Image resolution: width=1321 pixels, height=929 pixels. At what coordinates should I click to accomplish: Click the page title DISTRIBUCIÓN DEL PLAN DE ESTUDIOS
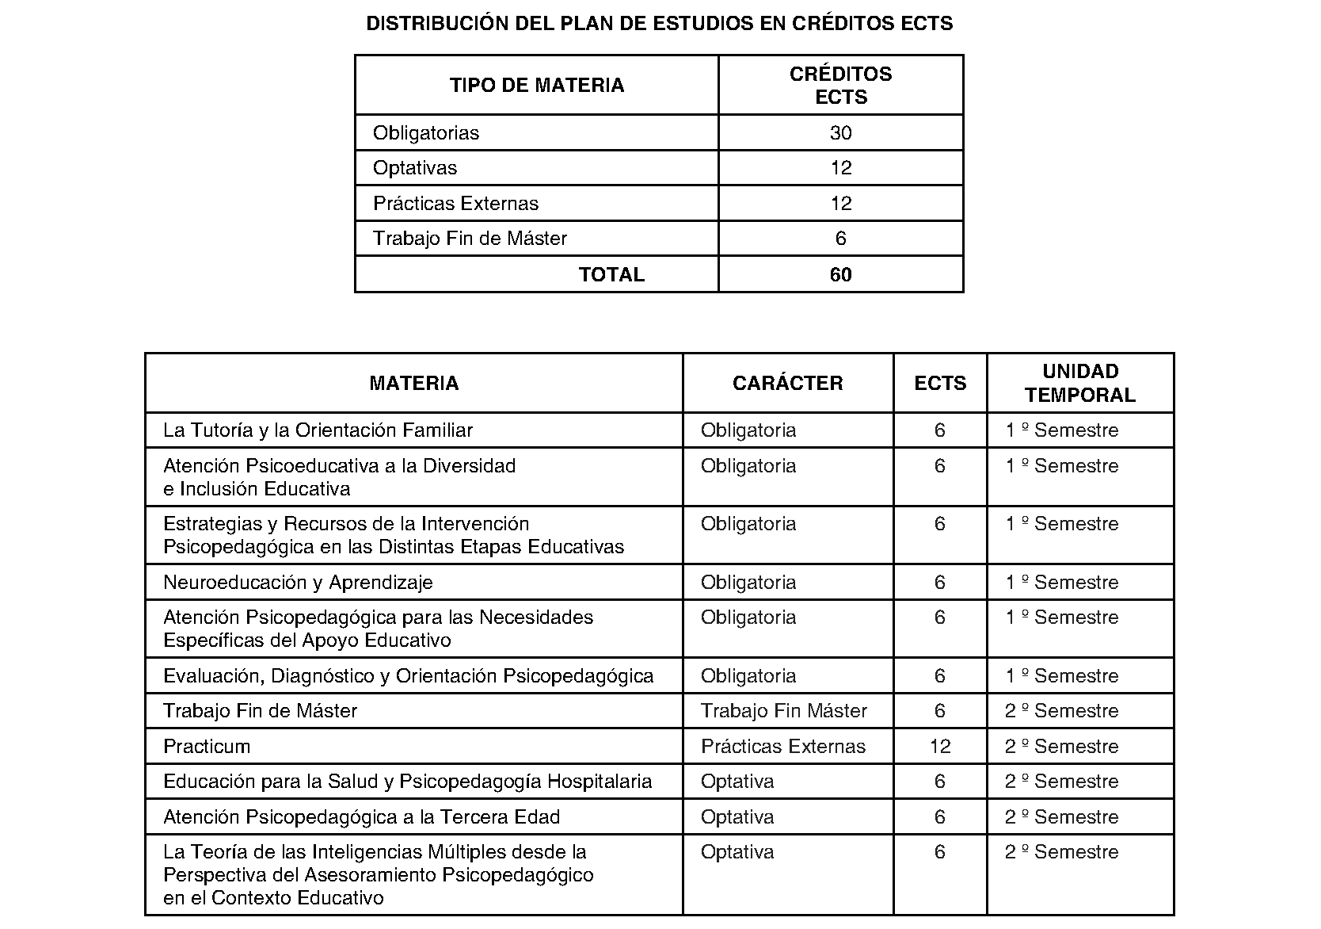click(659, 24)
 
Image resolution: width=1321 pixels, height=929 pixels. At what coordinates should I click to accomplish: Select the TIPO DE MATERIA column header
click(536, 86)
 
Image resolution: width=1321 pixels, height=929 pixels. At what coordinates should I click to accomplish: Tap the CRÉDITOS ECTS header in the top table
click(840, 86)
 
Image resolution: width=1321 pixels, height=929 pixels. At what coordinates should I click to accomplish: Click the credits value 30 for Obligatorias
click(840, 133)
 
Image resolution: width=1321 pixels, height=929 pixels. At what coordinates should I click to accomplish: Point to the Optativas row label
click(415, 168)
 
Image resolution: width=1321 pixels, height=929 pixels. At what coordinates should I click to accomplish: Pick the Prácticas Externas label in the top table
click(455, 204)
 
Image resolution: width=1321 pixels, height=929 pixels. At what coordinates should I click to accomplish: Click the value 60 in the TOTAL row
click(840, 275)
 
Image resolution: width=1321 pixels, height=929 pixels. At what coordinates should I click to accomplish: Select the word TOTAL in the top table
click(611, 275)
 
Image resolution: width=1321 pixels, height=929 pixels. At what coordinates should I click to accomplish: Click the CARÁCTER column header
click(787, 384)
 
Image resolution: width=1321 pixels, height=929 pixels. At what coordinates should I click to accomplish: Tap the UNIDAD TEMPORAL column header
click(1079, 384)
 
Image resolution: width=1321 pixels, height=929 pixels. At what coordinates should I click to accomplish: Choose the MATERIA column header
click(413, 384)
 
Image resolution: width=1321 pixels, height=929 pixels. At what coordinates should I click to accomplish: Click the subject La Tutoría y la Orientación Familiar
click(318, 430)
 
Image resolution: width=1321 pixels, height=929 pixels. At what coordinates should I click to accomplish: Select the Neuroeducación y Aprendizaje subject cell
click(298, 583)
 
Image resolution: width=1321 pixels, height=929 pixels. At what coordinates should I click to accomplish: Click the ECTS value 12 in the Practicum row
click(940, 747)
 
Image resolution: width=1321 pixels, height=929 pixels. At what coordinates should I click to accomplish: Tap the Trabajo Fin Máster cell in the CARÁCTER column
click(783, 711)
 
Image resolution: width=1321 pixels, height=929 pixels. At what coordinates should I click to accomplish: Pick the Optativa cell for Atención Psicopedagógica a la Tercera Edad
click(737, 817)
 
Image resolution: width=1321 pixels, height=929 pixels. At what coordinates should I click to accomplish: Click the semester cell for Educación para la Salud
click(1061, 782)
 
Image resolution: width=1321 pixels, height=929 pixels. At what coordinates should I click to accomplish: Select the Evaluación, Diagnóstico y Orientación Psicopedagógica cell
click(408, 676)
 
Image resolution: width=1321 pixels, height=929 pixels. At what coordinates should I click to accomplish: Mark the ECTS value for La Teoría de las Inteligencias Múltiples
click(940, 852)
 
